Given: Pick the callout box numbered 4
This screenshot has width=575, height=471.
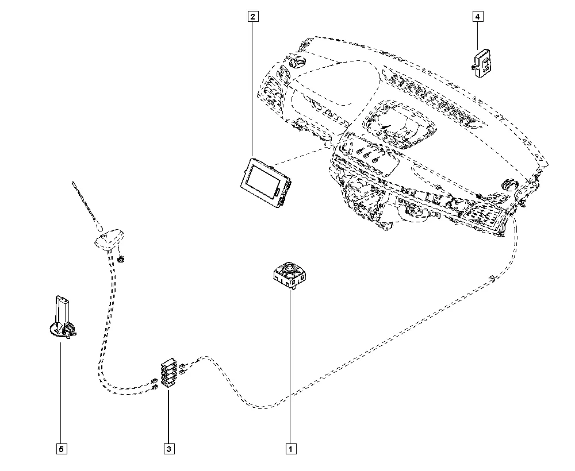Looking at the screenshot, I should click(x=477, y=17).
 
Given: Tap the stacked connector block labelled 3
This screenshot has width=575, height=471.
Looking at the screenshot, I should click(x=168, y=374).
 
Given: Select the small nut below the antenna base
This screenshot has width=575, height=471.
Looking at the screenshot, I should click(x=122, y=259).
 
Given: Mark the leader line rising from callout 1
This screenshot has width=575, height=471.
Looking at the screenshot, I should click(x=291, y=368).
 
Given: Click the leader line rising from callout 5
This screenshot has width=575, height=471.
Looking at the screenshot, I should click(x=60, y=391).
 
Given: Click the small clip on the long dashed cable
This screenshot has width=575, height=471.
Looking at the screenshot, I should click(x=491, y=279).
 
